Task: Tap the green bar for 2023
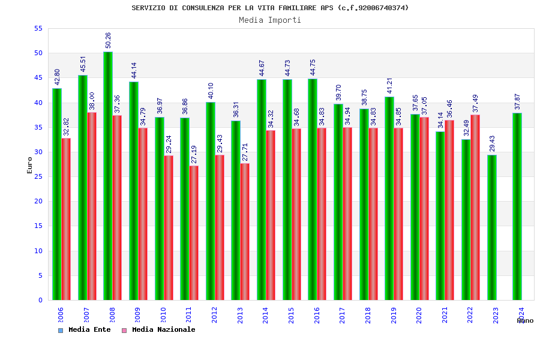(x=492, y=227)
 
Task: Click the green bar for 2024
(x=517, y=206)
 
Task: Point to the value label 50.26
(x=108, y=40)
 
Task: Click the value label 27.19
(x=194, y=154)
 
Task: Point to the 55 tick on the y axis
(x=38, y=28)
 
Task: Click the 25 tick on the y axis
(x=38, y=176)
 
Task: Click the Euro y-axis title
(x=30, y=165)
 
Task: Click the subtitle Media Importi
(x=270, y=20)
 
